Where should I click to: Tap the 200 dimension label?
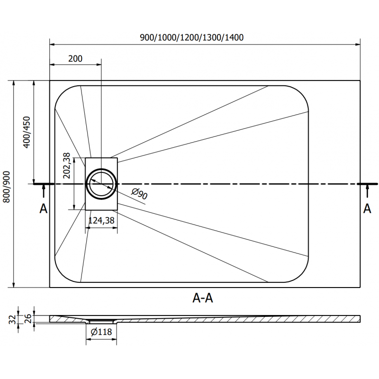click(x=75, y=59)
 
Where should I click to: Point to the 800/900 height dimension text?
click(x=7, y=187)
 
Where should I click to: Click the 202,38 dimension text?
click(x=67, y=165)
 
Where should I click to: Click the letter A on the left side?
click(x=43, y=208)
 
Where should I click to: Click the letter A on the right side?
click(x=367, y=208)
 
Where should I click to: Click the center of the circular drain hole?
click(x=101, y=184)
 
